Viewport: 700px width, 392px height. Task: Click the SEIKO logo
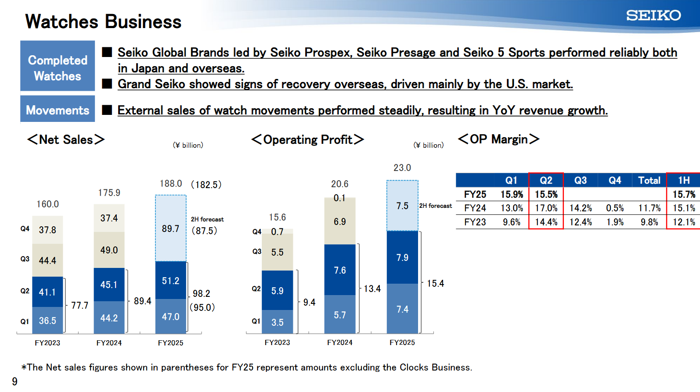(x=653, y=15)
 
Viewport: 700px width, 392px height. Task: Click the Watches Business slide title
(x=103, y=21)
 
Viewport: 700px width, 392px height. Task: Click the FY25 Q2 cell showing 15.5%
(x=546, y=194)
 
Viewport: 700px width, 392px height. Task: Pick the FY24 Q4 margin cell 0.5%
(x=615, y=208)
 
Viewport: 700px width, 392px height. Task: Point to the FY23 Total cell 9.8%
(x=649, y=222)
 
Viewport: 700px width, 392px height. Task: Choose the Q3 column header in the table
(x=580, y=180)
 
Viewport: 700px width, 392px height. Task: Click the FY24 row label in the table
(x=475, y=208)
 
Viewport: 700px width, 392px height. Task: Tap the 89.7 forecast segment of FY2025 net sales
(x=170, y=228)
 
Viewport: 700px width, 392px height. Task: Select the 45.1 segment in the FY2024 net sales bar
(x=109, y=285)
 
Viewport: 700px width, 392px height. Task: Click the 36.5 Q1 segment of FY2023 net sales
(x=47, y=321)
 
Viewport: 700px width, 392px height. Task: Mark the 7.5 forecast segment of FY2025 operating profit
(x=402, y=206)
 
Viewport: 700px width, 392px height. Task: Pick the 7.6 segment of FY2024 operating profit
(x=340, y=270)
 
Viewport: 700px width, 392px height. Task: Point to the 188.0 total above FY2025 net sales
(x=171, y=184)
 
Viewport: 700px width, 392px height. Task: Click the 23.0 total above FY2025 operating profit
(x=402, y=168)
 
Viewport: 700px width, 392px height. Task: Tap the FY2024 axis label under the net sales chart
(x=109, y=343)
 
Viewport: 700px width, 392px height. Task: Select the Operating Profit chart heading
(x=307, y=139)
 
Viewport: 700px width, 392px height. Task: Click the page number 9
(x=14, y=381)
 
